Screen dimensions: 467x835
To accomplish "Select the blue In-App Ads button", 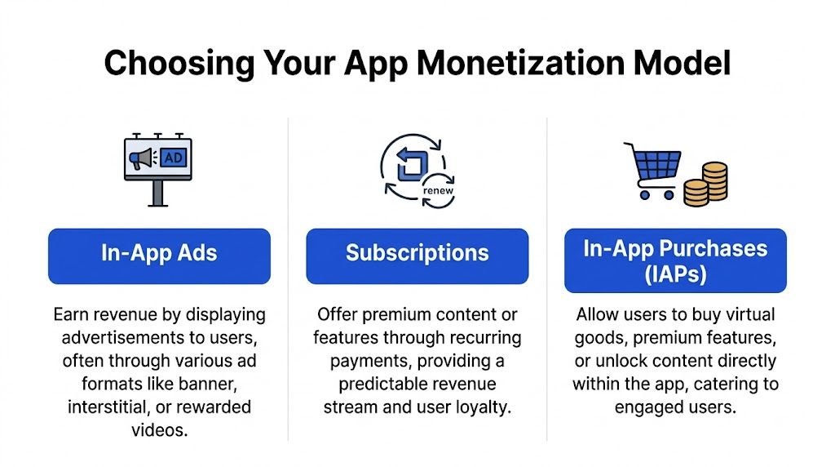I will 159,256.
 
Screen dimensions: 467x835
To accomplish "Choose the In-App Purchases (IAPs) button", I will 675,260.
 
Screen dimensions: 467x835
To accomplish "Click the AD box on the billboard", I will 173,158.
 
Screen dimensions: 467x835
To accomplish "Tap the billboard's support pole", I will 157,193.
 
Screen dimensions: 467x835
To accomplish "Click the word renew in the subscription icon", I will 438,192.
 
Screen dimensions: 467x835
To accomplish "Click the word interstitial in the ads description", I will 105,407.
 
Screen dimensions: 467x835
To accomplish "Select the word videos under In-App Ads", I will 159,429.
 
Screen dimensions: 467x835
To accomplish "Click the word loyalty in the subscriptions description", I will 479,407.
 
